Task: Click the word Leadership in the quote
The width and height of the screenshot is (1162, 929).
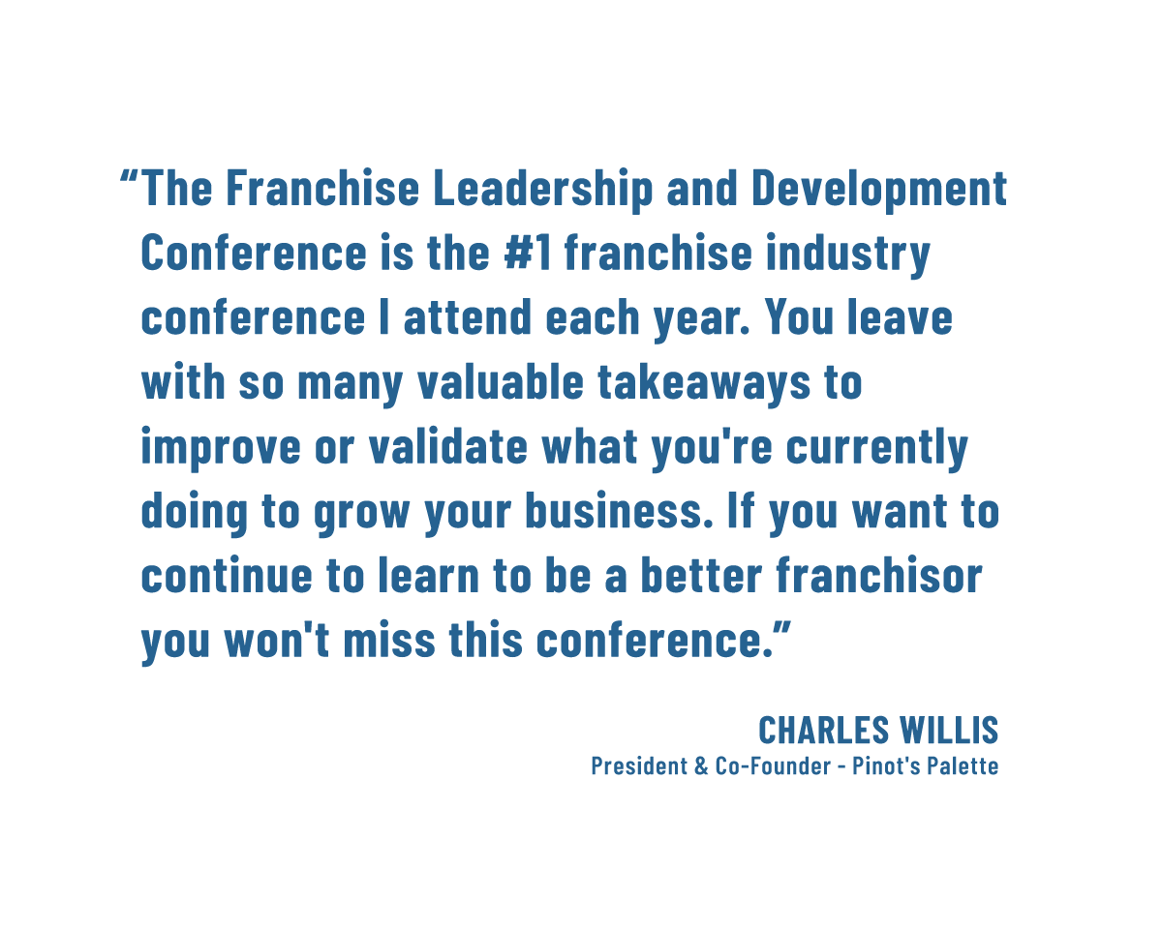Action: click(542, 189)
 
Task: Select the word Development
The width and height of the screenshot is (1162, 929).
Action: click(879, 189)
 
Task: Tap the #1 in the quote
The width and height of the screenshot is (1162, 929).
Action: click(528, 252)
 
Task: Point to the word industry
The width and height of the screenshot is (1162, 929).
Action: click(847, 255)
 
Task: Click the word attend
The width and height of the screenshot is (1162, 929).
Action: click(467, 316)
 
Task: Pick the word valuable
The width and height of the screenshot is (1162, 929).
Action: click(501, 381)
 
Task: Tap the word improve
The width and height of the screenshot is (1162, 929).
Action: click(221, 448)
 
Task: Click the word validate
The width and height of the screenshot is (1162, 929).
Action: click(448, 446)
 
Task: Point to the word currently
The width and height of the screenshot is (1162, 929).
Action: click(876, 448)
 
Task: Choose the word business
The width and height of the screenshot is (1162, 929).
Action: click(620, 511)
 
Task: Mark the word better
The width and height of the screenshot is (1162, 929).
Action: click(701, 575)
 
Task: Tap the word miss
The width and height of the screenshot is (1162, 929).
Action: click(389, 640)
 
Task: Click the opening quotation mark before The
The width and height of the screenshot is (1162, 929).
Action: click(129, 177)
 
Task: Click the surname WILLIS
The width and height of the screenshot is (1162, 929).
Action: click(949, 730)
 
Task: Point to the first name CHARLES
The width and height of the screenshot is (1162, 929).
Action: click(823, 730)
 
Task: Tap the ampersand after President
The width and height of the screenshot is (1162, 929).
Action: click(701, 766)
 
